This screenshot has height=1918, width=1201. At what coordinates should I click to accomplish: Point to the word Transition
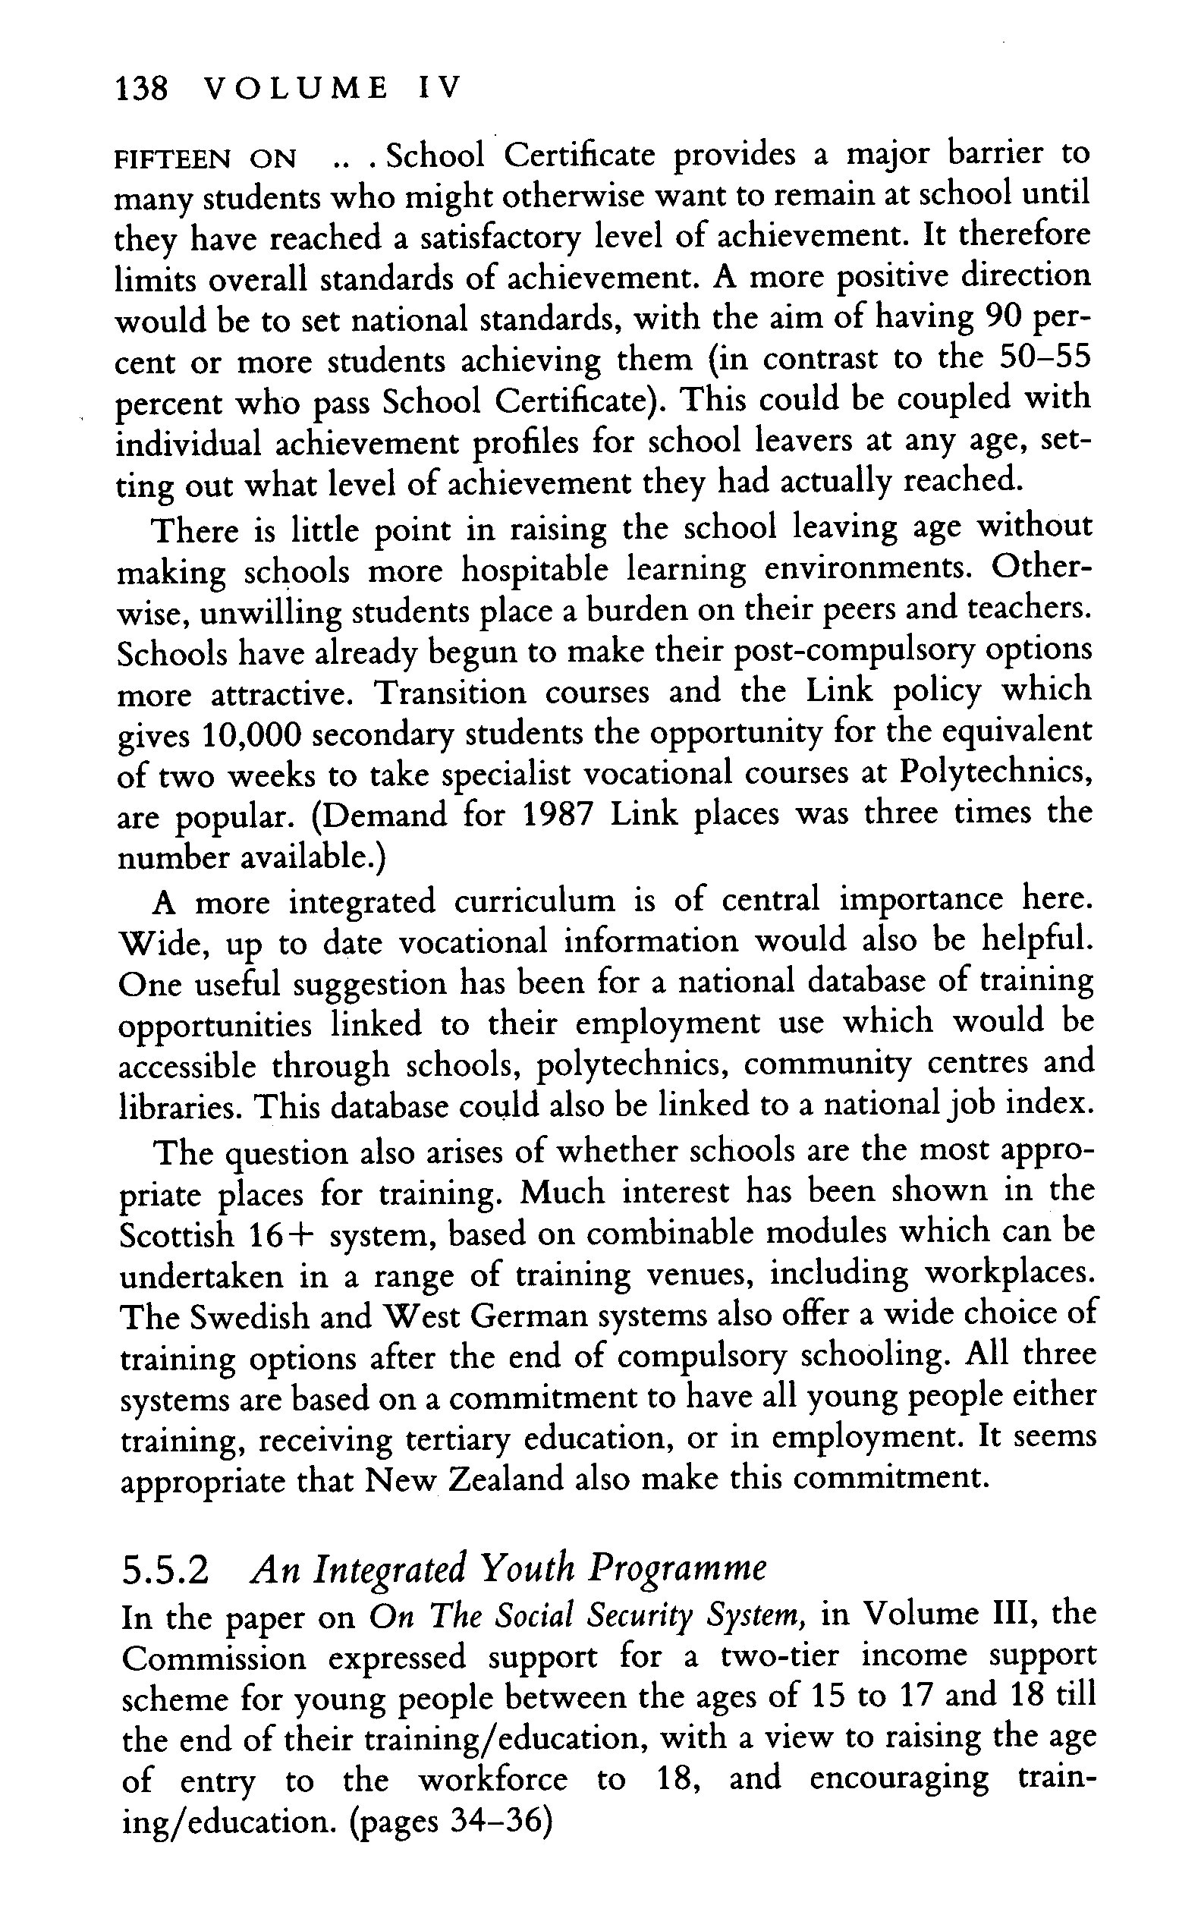tap(450, 693)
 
